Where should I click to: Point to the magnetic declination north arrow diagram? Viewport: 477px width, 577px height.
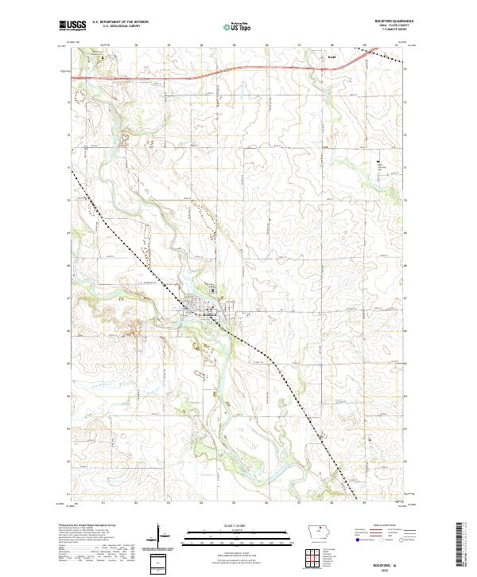click(159, 541)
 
